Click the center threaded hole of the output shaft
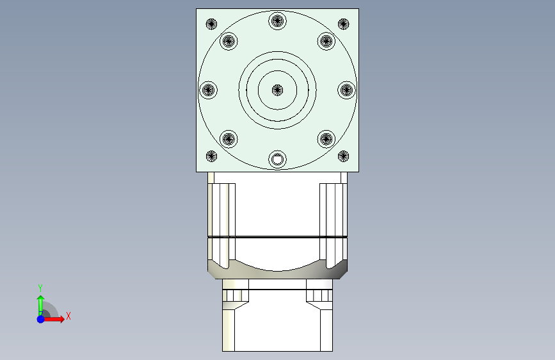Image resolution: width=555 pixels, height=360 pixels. pos(277,90)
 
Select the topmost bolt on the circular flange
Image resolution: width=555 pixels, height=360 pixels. pos(277,20)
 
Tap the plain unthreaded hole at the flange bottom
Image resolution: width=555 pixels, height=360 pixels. pos(277,159)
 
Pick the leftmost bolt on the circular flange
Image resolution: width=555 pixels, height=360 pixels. pos(209,90)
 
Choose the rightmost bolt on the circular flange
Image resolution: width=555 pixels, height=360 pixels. pos(346,90)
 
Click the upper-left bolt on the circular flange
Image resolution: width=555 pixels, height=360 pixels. pos(229,42)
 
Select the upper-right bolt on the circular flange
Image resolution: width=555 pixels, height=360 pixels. pos(326,42)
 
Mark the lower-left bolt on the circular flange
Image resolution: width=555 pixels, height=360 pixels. pos(229,138)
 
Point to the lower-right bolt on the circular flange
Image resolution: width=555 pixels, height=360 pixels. pos(326,138)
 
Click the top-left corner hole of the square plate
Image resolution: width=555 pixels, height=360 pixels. pos(212,24)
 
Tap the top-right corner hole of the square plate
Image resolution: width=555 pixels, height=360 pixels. pos(343,24)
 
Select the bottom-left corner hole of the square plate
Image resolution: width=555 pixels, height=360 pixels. pos(212,156)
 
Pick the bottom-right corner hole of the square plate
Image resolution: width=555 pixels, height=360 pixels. pos(343,156)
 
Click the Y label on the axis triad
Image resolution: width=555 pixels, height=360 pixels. pos(40,288)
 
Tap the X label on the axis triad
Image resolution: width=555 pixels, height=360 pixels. pos(68,316)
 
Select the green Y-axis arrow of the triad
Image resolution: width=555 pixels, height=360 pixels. pos(40,302)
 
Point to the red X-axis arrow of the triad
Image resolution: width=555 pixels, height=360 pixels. pos(56,318)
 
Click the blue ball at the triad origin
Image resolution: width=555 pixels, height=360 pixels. pos(40,318)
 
